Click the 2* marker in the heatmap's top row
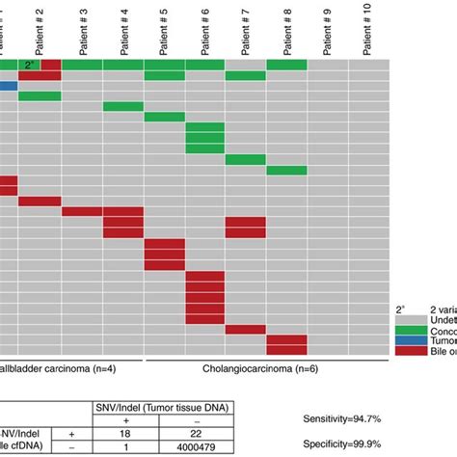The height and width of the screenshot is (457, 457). coord(30,64)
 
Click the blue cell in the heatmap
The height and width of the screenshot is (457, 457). coord(8,86)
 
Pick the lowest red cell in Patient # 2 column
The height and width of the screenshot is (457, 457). coord(40,202)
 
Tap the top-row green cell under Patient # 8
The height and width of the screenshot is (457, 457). coord(287,64)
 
